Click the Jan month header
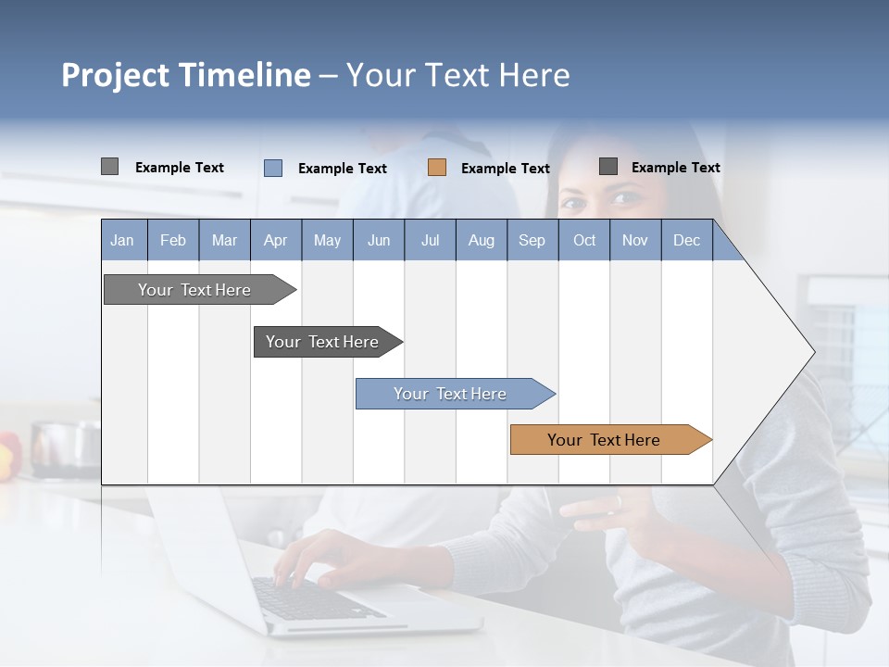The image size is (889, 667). (x=122, y=240)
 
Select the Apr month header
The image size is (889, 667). (x=275, y=240)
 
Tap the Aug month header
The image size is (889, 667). (x=481, y=240)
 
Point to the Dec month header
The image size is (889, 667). (x=686, y=240)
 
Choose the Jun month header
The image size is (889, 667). (x=378, y=240)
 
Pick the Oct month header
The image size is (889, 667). (x=583, y=240)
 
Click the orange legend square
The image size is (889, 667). (x=437, y=168)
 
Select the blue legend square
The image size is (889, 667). (x=273, y=168)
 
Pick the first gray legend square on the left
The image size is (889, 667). (x=110, y=167)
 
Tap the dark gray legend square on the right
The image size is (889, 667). (x=608, y=167)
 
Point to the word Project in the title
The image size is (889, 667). (x=116, y=75)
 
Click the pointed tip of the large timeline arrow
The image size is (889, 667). (x=812, y=352)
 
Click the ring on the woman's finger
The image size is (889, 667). (x=619, y=501)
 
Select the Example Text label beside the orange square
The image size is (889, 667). (x=505, y=169)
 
